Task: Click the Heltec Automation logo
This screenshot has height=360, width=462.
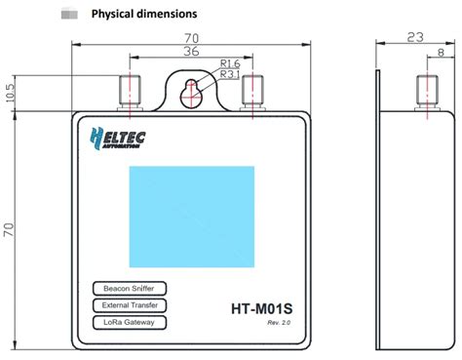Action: coord(117,139)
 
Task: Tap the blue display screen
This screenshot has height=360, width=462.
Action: coord(192,217)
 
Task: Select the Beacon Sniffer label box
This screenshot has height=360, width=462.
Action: coord(130,289)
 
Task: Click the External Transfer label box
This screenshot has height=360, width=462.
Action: coord(130,305)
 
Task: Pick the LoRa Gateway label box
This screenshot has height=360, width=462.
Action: coord(130,322)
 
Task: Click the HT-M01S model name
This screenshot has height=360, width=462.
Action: coord(262,308)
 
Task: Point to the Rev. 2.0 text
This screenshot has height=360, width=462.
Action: coord(279,323)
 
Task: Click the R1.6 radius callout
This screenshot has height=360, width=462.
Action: coord(230,63)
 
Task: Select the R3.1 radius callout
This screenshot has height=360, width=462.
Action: coord(230,74)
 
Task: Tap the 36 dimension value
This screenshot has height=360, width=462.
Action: coord(191,51)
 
